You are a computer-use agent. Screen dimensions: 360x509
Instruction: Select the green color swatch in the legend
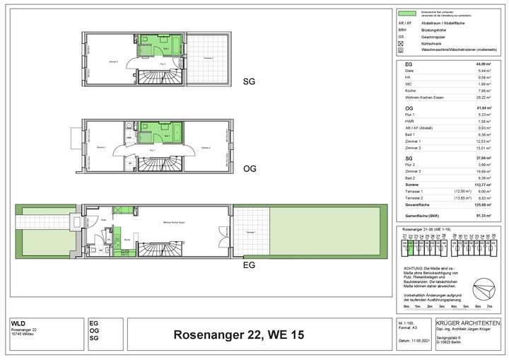pyautogui.click(x=406, y=13)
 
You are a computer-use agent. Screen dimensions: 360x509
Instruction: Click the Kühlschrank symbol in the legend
pyautogui.click(x=402, y=44)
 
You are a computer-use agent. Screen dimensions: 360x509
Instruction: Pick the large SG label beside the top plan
pyautogui.click(x=249, y=81)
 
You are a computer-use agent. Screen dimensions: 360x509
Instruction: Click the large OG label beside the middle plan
pyautogui.click(x=249, y=169)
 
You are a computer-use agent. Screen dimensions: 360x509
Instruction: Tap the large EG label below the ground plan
pyautogui.click(x=249, y=265)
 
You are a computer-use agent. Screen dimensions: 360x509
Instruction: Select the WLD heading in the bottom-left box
pyautogui.click(x=17, y=323)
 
